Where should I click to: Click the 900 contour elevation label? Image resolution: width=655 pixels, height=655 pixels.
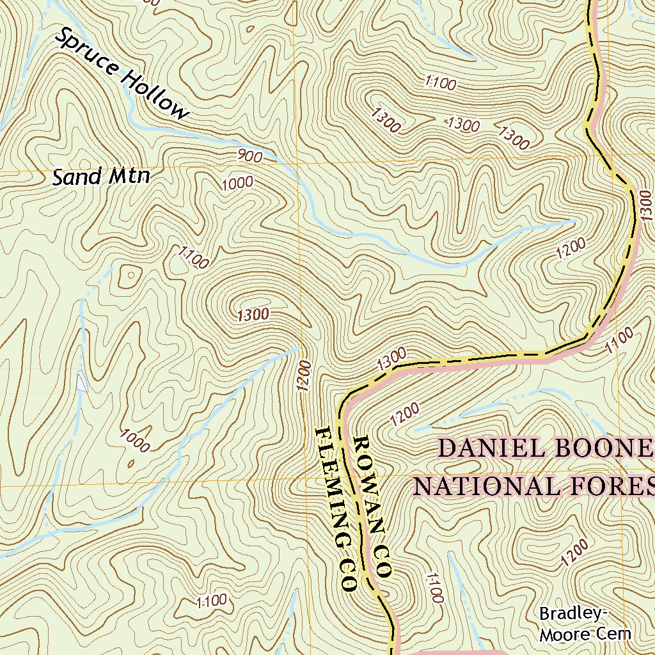pyautogui.click(x=249, y=155)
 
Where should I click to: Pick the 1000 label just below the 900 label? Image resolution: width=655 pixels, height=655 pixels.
pyautogui.click(x=237, y=184)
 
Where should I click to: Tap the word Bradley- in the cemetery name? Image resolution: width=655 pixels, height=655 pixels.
pyautogui.click(x=572, y=614)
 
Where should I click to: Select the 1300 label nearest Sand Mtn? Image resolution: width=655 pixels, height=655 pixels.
pyautogui.click(x=253, y=315)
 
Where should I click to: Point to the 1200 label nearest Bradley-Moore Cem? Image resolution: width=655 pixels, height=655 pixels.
pyautogui.click(x=574, y=552)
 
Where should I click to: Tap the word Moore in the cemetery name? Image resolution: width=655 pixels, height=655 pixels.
pyautogui.click(x=565, y=635)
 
